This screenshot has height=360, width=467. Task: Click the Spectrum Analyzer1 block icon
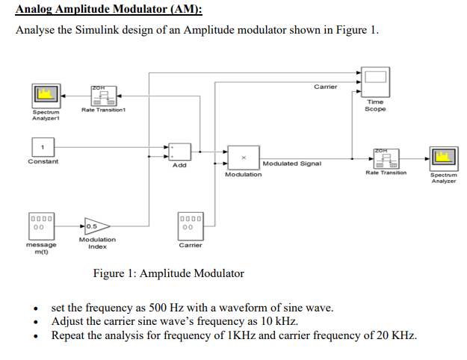click(46, 96)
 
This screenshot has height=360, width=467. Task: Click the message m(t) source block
click(41, 224)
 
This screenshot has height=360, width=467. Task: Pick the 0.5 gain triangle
click(96, 225)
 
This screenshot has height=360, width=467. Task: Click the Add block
click(179, 151)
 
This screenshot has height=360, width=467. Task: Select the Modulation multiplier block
click(243, 158)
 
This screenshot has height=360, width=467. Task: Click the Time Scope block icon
click(376, 80)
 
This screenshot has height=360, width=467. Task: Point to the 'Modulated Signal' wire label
click(291, 163)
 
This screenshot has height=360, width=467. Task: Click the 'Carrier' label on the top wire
click(325, 87)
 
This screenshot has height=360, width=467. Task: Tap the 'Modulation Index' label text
click(97, 243)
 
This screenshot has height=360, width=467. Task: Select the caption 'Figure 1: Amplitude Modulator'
click(168, 273)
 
